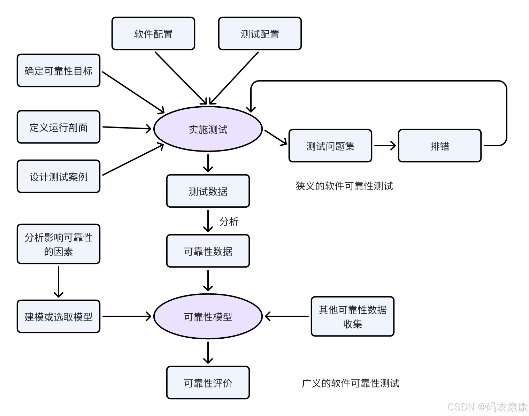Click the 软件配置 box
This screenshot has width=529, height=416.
click(x=153, y=34)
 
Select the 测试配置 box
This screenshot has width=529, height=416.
click(x=260, y=34)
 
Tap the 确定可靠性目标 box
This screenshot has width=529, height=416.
click(x=59, y=71)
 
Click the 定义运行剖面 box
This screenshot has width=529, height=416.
click(x=59, y=127)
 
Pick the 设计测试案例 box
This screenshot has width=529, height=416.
click(x=59, y=177)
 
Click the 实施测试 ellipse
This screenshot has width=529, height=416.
click(x=208, y=129)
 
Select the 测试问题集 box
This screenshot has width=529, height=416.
click(x=330, y=146)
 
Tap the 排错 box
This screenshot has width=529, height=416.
click(x=439, y=146)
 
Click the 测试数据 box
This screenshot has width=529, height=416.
click(x=208, y=191)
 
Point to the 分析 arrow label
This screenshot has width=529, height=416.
click(x=229, y=222)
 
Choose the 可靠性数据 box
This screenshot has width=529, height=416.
click(x=208, y=251)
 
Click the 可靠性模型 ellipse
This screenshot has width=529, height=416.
click(x=208, y=317)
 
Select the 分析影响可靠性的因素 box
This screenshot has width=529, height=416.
click(x=59, y=244)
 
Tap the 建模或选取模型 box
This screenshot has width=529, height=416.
click(x=59, y=317)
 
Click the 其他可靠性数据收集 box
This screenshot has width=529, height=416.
click(x=352, y=317)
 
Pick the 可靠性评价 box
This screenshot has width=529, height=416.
click(x=208, y=383)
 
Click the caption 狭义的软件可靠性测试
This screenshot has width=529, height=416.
click(x=344, y=186)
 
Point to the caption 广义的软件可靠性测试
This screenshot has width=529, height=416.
click(x=350, y=383)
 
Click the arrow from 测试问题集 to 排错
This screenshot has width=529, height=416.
click(x=385, y=146)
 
